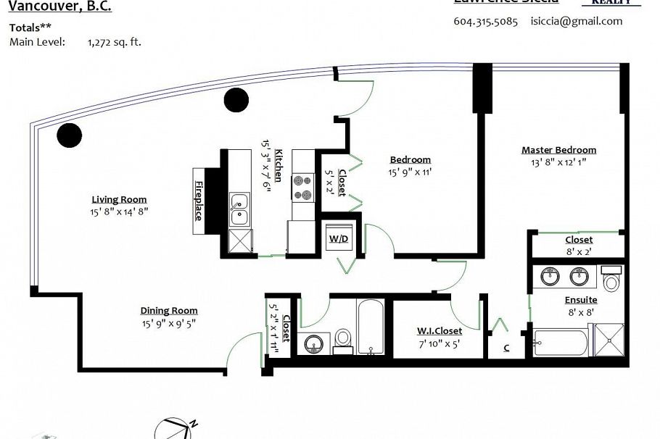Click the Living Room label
[119, 199]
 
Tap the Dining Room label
[169, 311]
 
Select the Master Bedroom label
[558, 150]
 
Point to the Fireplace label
[198, 202]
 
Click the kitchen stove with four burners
[302, 188]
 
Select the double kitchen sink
[238, 209]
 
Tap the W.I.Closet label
[439, 331]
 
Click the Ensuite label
[581, 299]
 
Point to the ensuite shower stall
[608, 340]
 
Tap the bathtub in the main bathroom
[370, 327]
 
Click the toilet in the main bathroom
[343, 340]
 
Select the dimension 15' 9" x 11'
[410, 172]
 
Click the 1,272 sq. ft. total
[114, 42]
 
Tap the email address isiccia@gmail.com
[576, 21]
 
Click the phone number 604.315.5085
[485, 21]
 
